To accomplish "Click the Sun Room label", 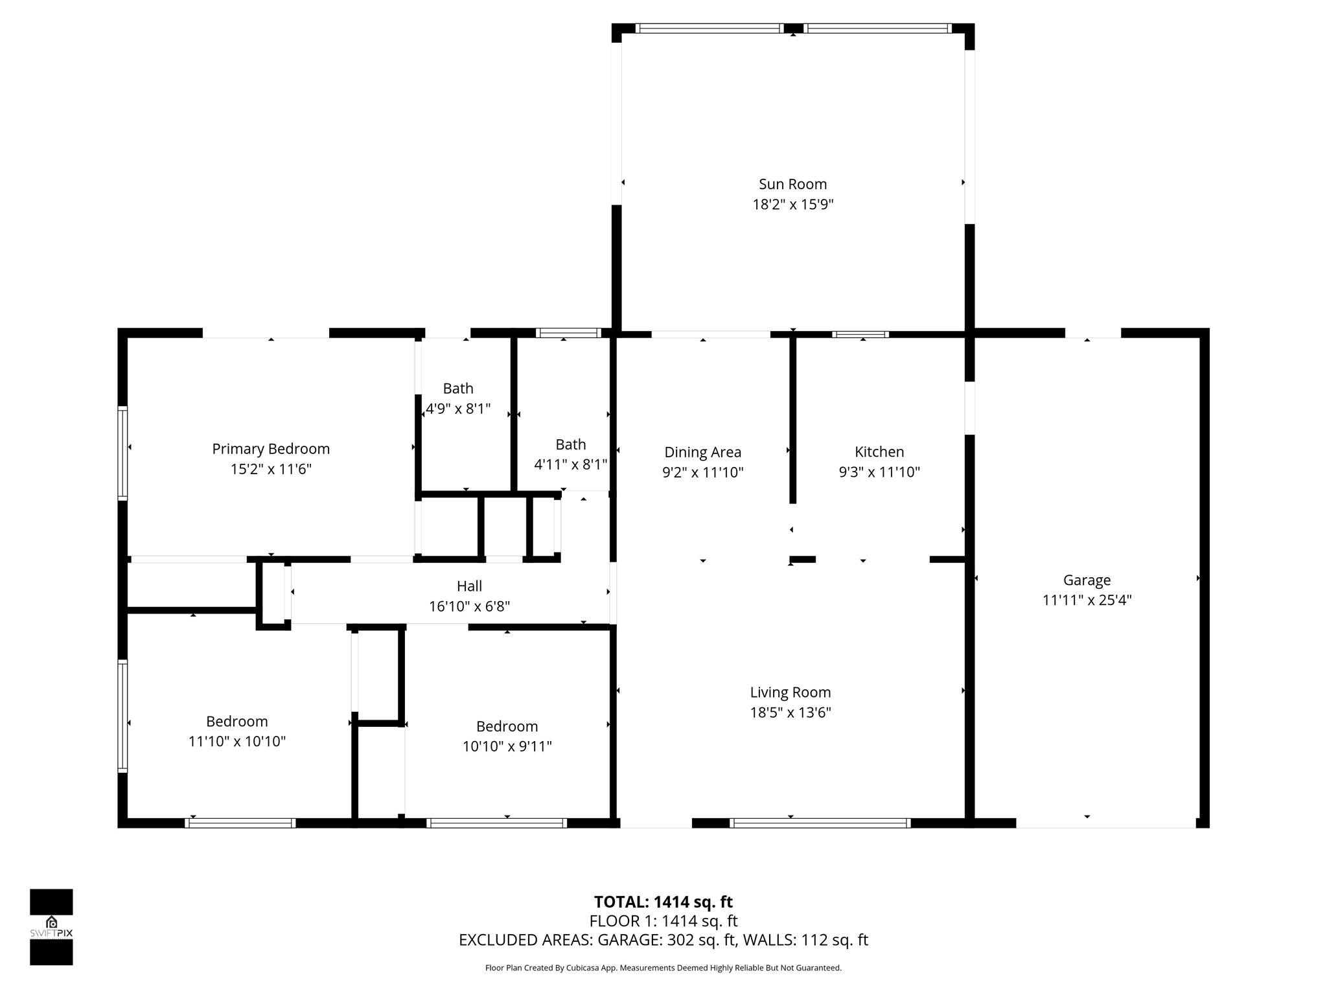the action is tap(792, 185).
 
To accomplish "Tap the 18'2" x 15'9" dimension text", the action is tap(792, 205).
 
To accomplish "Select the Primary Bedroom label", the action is tap(271, 449).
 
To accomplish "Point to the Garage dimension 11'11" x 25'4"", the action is tap(1087, 600).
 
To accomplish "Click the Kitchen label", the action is tap(879, 452).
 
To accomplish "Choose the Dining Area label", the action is tap(702, 452).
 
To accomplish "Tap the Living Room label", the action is tap(790, 692).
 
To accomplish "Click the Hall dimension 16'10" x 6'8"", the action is tap(469, 606).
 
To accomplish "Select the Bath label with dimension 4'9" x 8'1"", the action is tap(458, 389).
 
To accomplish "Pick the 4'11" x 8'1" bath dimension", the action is tap(570, 464).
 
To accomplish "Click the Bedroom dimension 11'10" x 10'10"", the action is tap(237, 741).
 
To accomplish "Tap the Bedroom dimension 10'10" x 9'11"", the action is tap(507, 746).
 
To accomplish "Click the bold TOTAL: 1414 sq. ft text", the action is tap(663, 902).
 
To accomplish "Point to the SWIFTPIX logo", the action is tap(51, 927).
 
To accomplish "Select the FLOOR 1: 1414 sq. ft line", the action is tap(663, 921).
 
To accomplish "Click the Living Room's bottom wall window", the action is tap(820, 823).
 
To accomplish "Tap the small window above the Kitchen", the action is tap(860, 334).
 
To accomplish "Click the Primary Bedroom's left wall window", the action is tap(122, 453).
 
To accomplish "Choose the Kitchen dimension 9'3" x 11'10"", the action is tap(879, 472).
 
